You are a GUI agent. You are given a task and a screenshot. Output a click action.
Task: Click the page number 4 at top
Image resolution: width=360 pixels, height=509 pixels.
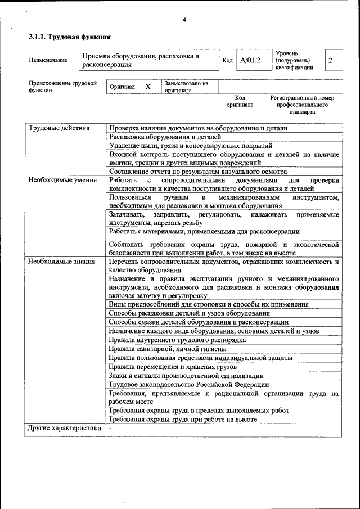pyautogui.click(x=184, y=20)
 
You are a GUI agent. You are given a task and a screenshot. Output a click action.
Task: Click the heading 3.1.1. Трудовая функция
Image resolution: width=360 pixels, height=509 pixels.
pyautogui.click(x=69, y=38)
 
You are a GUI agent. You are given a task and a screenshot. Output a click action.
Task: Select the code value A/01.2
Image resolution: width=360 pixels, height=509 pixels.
pyautogui.click(x=250, y=60)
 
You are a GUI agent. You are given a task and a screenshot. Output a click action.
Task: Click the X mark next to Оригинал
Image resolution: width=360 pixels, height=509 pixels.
pyautogui.click(x=148, y=87)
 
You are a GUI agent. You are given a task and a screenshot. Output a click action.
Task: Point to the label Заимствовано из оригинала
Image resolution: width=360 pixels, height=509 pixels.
pyautogui.click(x=186, y=87)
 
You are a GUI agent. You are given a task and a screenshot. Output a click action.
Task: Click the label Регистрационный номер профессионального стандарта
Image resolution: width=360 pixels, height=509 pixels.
pyautogui.click(x=302, y=105)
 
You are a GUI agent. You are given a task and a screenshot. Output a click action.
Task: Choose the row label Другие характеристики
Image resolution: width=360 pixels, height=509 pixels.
pyautogui.click(x=65, y=429)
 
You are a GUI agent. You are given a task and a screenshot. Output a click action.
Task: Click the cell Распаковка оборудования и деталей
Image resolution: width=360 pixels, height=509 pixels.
pyautogui.click(x=165, y=137)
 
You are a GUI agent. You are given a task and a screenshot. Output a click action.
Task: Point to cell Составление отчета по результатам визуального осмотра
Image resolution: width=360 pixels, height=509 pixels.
pyautogui.click(x=198, y=172)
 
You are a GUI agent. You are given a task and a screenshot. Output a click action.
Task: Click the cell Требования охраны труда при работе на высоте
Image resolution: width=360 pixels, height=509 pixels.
pyautogui.click(x=183, y=419)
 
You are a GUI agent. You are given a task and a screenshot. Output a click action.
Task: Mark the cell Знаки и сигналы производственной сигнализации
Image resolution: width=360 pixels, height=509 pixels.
pyautogui.click(x=186, y=376)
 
